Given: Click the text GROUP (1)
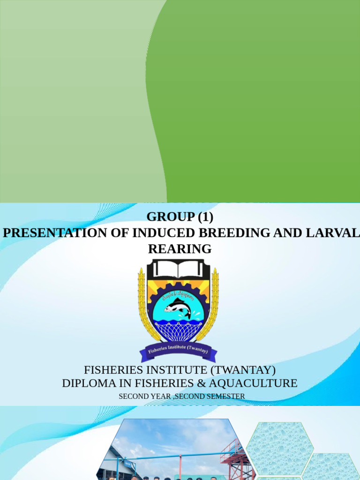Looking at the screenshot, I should click(x=180, y=217).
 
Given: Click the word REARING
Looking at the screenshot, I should click(x=180, y=249).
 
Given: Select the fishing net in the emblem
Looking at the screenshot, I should click(x=178, y=331).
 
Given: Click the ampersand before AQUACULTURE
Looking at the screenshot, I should click(x=214, y=383).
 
